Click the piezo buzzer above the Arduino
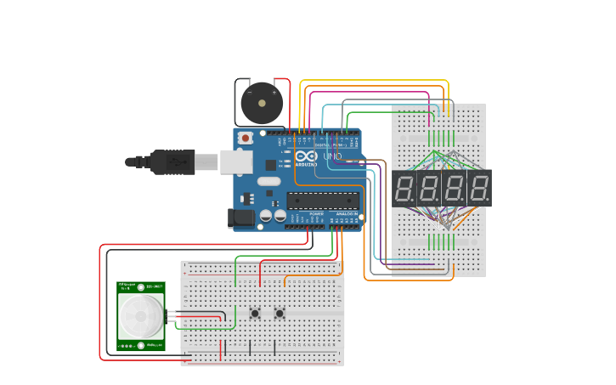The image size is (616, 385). point(261,104)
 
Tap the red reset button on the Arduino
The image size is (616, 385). point(246,138)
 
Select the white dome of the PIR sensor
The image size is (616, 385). point(140,316)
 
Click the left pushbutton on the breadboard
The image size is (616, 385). point(255,314)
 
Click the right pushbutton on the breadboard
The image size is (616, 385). point(280,314)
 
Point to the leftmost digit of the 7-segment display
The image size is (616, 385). point(405,188)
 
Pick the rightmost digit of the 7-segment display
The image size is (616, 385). point(479,188)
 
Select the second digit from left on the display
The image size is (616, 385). point(430,188)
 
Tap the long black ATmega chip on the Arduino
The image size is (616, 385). point(321,201)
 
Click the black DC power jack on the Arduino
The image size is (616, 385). point(242,218)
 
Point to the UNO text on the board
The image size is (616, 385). point(332,157)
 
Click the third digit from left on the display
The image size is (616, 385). point(455,188)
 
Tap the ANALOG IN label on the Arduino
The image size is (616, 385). point(344,215)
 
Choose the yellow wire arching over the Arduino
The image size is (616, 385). point(374,81)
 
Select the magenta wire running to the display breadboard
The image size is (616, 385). point(374,93)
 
